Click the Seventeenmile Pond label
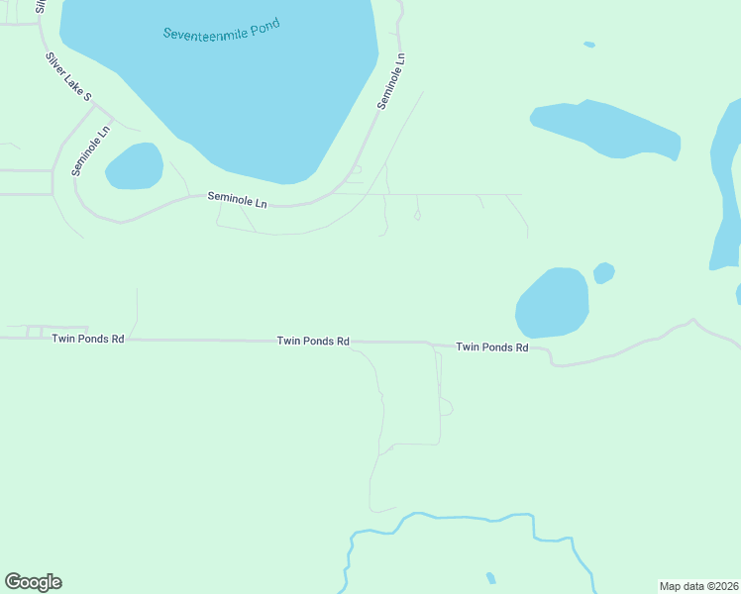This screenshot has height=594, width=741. point(222,29)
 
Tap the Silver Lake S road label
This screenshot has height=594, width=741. point(68,76)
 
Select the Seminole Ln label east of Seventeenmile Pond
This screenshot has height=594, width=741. point(392,81)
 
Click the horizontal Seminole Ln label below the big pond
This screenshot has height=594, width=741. point(238,199)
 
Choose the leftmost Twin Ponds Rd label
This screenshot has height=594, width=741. point(88,339)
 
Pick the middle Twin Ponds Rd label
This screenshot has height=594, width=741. point(313,341)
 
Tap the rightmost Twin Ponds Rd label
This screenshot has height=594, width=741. point(491,347)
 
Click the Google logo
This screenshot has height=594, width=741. point(33,582)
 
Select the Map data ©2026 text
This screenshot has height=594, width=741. point(698,586)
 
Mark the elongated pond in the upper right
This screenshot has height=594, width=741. point(606,128)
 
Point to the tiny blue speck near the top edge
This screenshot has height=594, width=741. point(589,45)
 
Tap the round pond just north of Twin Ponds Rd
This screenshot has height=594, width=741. point(552,303)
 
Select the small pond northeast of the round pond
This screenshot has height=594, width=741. point(603,272)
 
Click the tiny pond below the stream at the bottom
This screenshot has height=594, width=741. point(490,577)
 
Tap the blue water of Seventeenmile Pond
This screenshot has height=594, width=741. point(248,99)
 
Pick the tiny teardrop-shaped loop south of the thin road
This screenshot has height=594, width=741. point(417,215)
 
